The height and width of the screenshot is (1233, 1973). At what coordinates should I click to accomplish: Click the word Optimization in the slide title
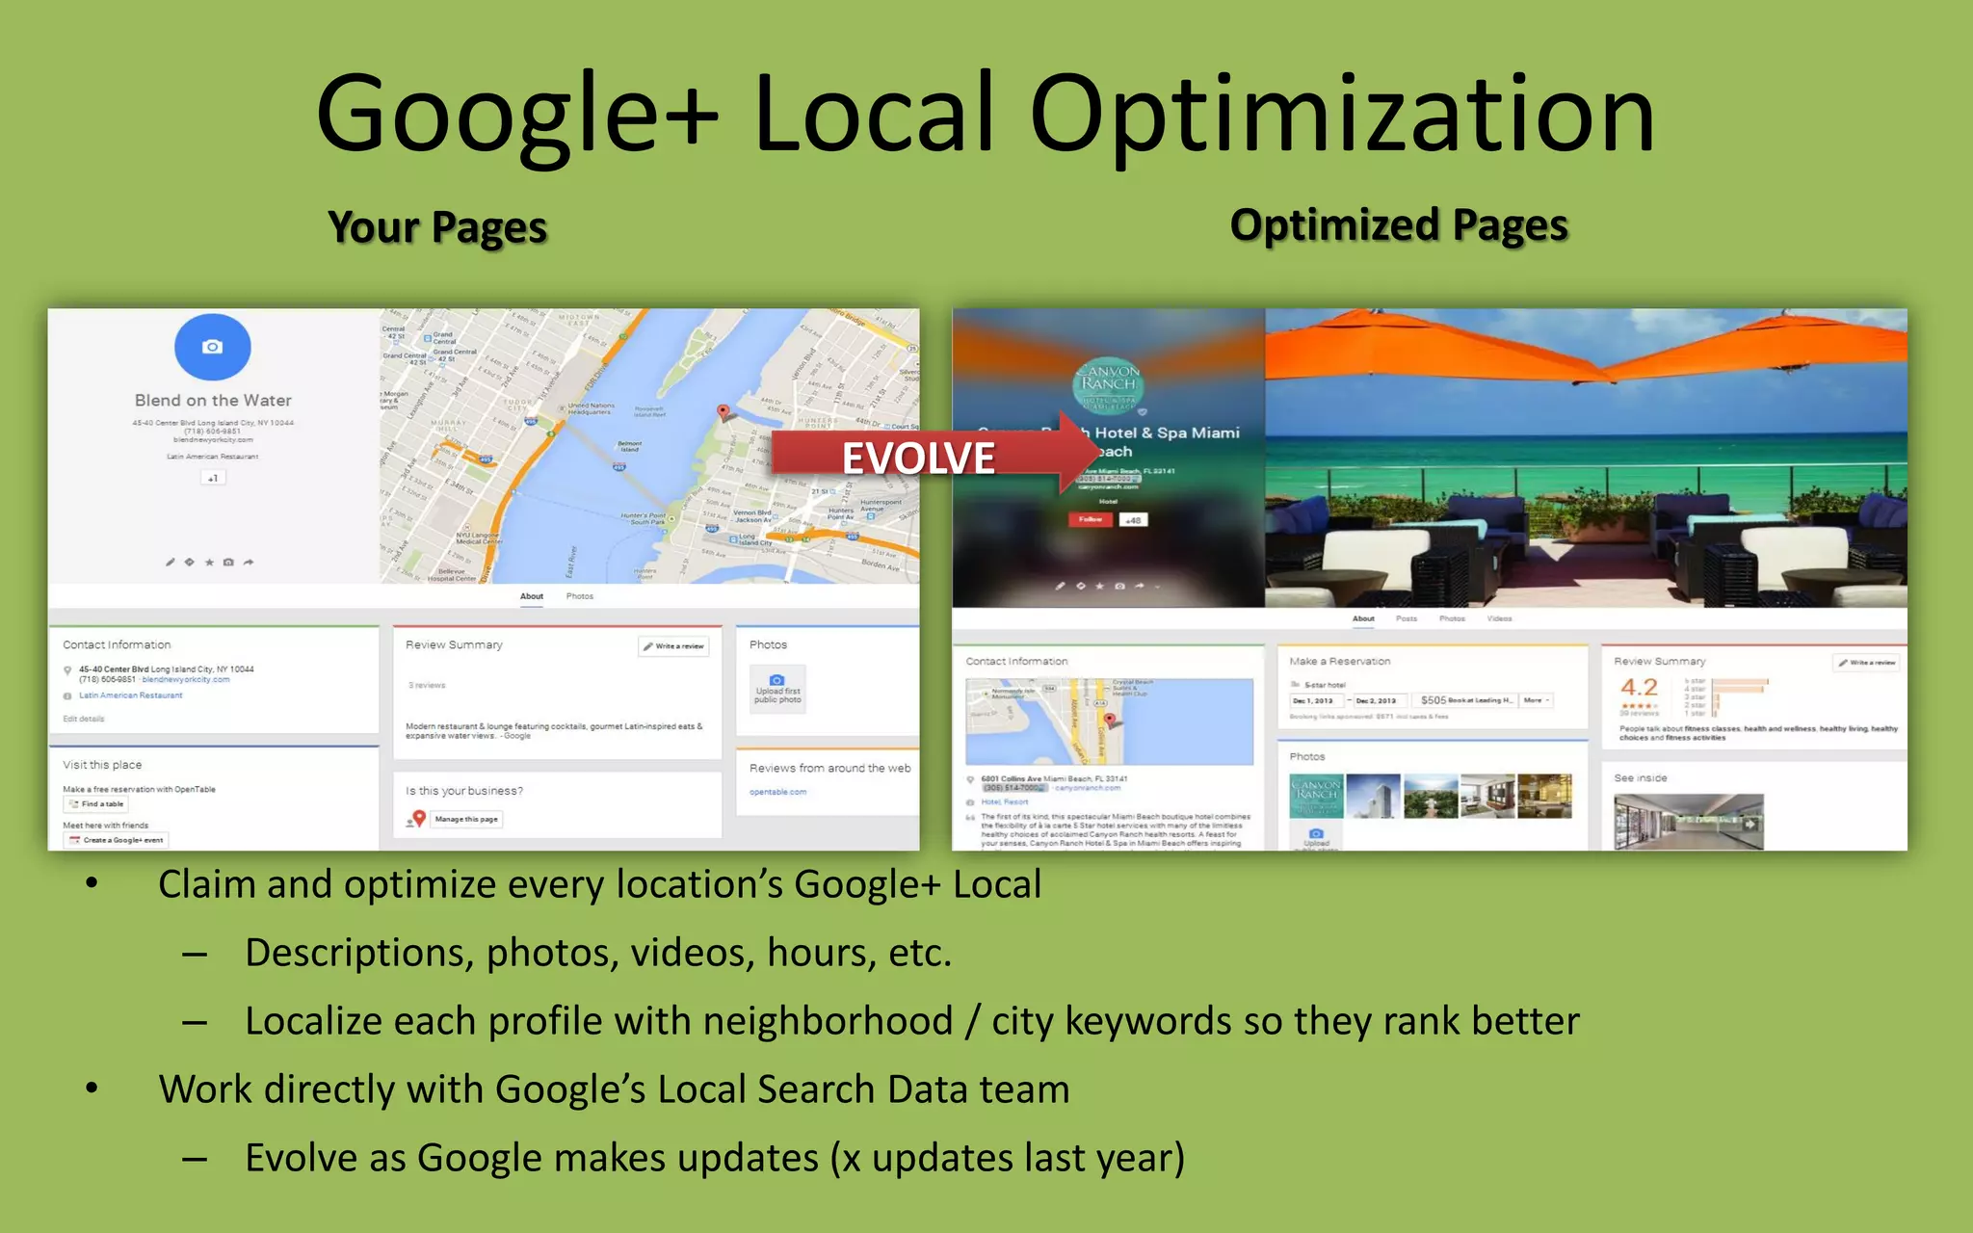1341,116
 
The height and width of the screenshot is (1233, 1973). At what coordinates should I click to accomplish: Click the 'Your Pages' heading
437,228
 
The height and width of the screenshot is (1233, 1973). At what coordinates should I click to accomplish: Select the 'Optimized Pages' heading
1399,226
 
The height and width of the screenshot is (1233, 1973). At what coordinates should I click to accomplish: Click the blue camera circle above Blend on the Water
213,347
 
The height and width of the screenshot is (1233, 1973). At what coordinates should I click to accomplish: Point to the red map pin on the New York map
723,412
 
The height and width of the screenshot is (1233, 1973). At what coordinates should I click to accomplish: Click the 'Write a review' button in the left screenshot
674,646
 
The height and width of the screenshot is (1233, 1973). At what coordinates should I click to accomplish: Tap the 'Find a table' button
96,804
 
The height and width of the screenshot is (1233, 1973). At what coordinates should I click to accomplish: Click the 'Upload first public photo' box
777,689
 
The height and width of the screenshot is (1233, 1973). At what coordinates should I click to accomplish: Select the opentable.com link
777,792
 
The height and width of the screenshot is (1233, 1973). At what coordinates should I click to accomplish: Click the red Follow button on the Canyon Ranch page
1090,520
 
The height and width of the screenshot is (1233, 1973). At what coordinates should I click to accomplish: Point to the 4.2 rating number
1639,688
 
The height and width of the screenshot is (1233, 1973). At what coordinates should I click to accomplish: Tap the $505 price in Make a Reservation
1434,700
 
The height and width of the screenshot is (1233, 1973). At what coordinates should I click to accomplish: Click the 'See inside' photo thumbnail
1688,821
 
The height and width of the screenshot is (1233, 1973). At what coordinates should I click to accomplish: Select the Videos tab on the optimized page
1499,618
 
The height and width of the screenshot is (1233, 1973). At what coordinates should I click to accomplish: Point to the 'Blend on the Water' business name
213,401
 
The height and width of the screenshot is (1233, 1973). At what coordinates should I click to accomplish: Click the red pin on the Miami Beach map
1110,720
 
